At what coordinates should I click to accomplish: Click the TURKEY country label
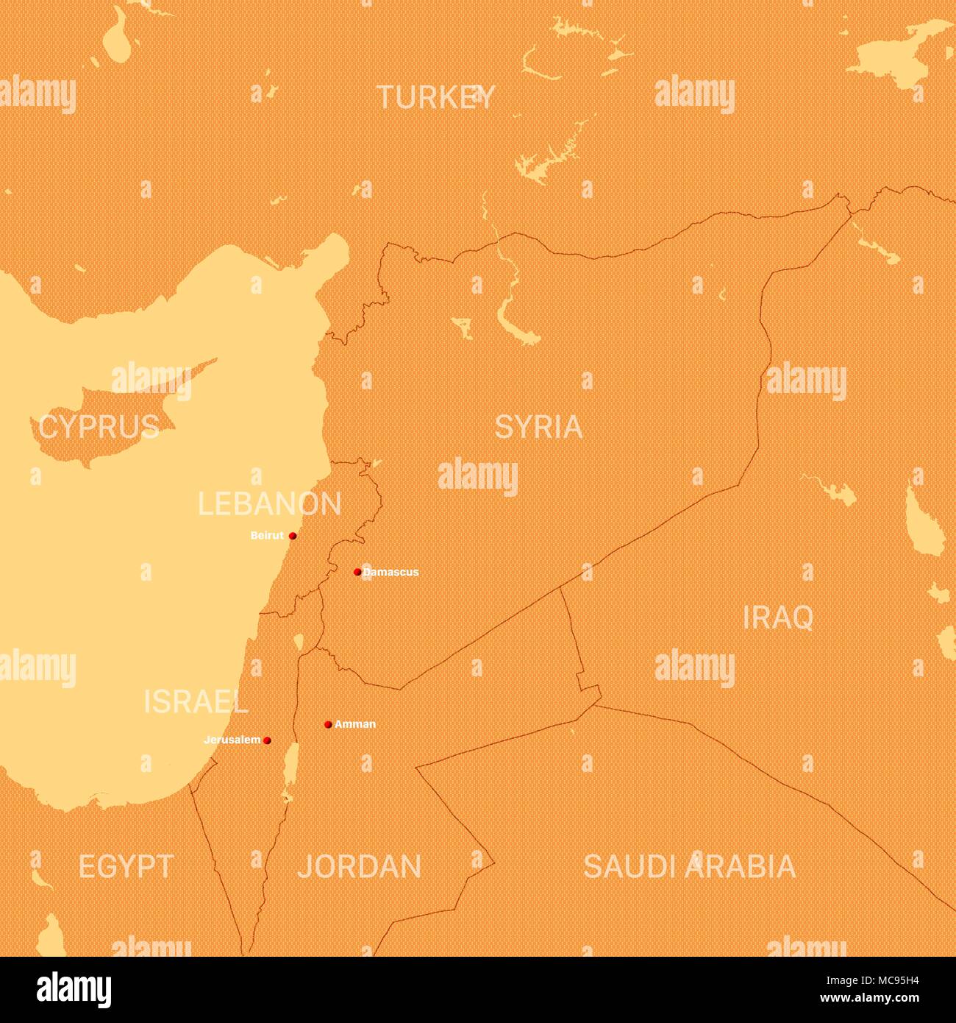pos(435,97)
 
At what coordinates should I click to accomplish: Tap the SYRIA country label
pos(538,427)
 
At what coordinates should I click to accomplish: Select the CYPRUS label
pos(99,427)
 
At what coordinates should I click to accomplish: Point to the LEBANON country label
pos(269,504)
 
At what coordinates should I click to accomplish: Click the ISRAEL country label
pos(196,702)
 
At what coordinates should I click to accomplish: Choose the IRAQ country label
pos(777,618)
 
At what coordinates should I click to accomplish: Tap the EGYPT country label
pos(126,867)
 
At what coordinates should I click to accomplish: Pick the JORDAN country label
pos(360,867)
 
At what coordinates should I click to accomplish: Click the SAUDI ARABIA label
pos(689,867)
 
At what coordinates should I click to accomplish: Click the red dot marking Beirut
pos(293,536)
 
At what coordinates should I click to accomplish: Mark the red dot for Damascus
pos(357,572)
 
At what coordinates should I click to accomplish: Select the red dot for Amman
pos(328,724)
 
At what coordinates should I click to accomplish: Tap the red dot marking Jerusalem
pos(267,740)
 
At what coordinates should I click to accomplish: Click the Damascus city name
pos(391,572)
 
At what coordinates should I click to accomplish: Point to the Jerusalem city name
pos(232,740)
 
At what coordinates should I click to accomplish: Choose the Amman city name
pos(355,724)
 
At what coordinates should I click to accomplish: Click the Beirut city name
pos(267,536)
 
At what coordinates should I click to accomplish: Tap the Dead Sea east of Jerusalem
pos(290,765)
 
